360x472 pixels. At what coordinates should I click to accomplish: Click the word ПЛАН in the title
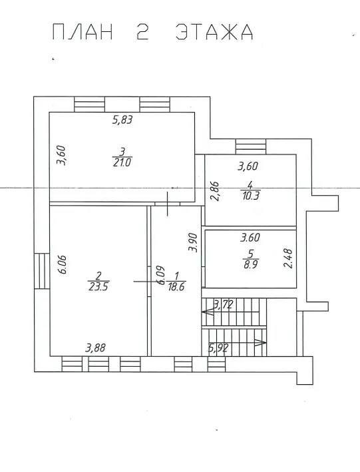[83, 32]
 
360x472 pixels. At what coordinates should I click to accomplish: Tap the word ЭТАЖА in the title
[214, 32]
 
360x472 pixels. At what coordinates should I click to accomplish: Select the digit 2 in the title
[142, 32]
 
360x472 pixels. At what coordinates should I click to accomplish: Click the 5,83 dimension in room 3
[122, 120]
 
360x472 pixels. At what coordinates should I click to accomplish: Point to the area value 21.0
[122, 163]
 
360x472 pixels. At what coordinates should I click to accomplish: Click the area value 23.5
[98, 287]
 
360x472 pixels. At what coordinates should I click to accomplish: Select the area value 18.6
[176, 287]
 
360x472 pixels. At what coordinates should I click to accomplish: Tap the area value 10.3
[250, 196]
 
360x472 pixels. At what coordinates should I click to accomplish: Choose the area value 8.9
[250, 264]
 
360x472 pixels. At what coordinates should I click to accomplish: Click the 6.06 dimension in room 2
[63, 264]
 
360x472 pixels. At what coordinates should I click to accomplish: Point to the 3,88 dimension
[95, 348]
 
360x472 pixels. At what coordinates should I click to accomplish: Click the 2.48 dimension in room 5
[287, 258]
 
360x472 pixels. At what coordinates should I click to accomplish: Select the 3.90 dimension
[192, 242]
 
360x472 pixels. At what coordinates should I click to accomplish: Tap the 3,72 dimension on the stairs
[223, 305]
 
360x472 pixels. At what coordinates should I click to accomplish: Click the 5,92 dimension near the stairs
[218, 348]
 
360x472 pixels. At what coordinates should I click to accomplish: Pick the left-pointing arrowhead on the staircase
[208, 312]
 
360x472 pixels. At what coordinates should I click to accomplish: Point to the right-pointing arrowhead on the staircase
[260, 342]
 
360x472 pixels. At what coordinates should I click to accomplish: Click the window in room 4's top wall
[251, 146]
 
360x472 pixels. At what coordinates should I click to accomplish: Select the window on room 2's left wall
[42, 271]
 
